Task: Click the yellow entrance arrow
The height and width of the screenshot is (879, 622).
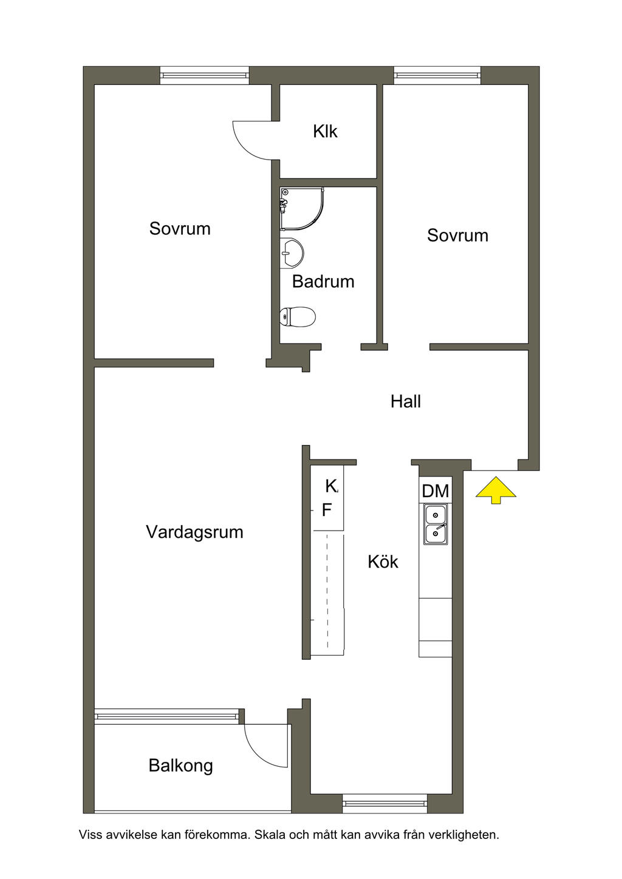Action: click(496, 489)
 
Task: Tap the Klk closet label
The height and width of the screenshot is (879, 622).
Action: click(325, 131)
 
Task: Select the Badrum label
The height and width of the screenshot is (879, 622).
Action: click(323, 282)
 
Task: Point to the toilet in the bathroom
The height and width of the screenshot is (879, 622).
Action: click(298, 316)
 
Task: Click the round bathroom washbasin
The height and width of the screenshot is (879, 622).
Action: click(292, 253)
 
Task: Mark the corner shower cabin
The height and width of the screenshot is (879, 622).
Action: click(300, 208)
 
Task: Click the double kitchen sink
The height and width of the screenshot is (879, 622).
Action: click(436, 524)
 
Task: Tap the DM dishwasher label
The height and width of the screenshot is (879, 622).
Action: click(436, 491)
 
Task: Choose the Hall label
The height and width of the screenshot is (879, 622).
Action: click(406, 401)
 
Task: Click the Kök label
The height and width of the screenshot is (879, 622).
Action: click(383, 562)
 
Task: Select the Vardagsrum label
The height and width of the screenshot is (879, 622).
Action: click(194, 532)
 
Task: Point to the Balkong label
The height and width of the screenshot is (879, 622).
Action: click(180, 765)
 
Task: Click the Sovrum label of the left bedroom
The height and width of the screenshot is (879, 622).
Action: click(180, 229)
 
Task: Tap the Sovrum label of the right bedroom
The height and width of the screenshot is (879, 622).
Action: click(457, 236)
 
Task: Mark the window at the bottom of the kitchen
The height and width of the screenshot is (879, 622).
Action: click(384, 803)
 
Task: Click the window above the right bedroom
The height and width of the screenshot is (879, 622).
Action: click(437, 75)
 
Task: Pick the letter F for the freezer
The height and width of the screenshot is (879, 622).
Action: click(327, 511)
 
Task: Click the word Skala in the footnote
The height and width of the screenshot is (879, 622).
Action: click(269, 835)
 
